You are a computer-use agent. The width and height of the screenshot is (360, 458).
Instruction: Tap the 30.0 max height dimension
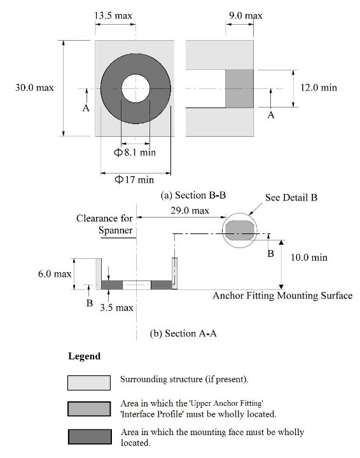tap(34, 88)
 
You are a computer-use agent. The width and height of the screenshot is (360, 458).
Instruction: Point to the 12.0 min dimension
tap(317, 88)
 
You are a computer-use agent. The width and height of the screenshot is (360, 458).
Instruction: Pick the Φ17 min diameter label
tap(134, 180)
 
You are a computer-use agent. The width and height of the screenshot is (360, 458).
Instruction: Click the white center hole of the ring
tap(134, 88)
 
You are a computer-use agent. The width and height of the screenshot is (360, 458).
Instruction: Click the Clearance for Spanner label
tap(104, 224)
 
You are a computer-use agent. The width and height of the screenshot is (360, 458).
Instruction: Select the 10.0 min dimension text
tap(310, 258)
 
